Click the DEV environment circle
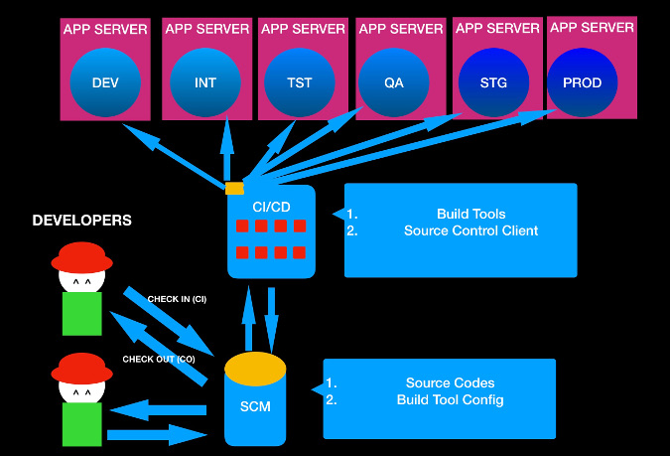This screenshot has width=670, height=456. click(105, 82)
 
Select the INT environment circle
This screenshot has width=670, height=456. click(205, 82)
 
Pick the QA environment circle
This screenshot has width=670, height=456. click(394, 82)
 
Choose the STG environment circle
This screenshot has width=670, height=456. click(492, 82)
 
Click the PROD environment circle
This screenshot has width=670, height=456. click(583, 82)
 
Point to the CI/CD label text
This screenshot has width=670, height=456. click(271, 205)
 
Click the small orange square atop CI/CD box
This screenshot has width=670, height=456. click(234, 188)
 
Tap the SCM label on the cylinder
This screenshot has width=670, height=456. click(256, 406)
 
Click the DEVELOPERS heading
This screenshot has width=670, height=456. click(82, 220)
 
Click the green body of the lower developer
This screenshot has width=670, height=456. click(83, 425)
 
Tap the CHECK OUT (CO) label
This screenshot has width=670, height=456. click(159, 359)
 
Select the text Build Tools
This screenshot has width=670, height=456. click(470, 214)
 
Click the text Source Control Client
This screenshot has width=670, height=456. click(470, 230)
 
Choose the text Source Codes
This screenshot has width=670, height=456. click(450, 382)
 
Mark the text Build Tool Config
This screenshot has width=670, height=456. click(450, 399)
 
